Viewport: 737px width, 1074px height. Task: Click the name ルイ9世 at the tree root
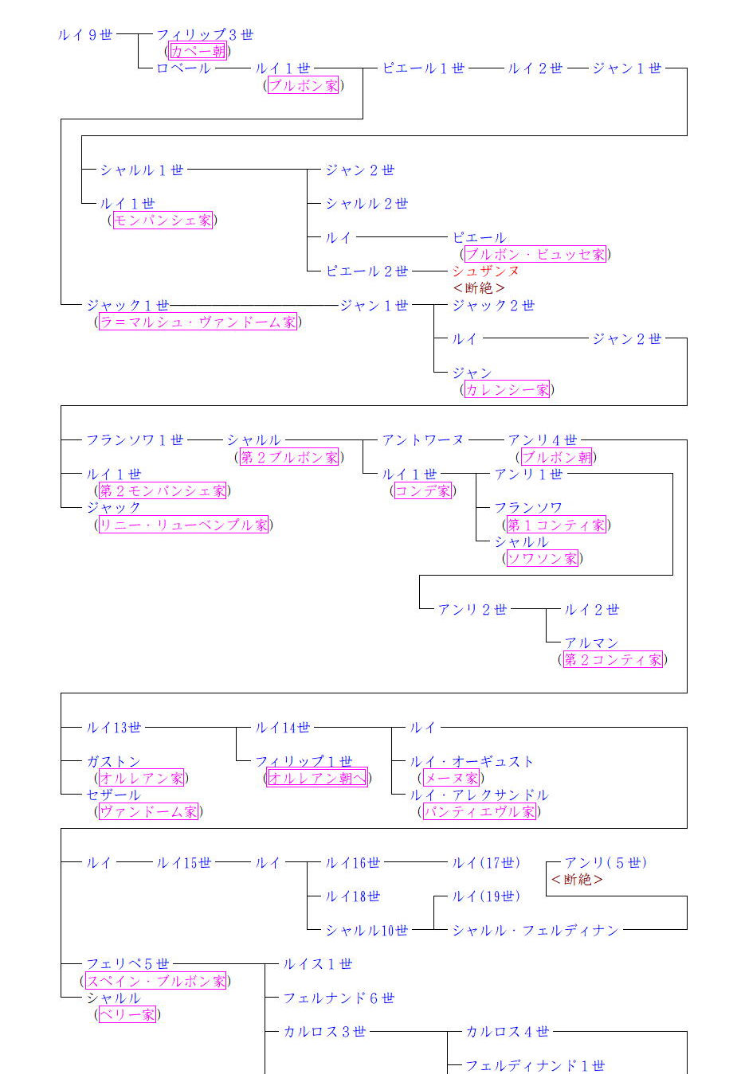(85, 35)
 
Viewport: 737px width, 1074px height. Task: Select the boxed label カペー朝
(198, 52)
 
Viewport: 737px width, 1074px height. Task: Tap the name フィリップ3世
(205, 35)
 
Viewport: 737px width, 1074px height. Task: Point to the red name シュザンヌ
(485, 271)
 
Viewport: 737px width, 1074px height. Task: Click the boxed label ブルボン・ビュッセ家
(535, 255)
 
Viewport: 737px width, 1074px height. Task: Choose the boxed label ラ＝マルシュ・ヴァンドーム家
(198, 322)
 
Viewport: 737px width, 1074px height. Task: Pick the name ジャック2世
(493, 306)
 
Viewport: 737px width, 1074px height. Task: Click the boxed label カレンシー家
(507, 390)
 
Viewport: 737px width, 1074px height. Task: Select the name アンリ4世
(543, 440)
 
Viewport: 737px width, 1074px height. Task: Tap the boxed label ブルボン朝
(557, 458)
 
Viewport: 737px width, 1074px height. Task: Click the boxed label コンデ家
(422, 491)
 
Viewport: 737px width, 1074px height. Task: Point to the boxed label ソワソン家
(542, 559)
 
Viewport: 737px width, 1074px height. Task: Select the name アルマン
(591, 643)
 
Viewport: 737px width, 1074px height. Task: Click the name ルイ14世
(283, 728)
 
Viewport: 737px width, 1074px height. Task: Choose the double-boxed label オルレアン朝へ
(317, 779)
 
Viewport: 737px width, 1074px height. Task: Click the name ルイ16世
(353, 863)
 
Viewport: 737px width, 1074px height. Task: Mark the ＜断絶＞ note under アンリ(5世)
(577, 880)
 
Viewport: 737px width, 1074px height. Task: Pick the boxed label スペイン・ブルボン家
(155, 982)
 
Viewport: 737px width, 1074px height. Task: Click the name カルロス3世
(324, 1032)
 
